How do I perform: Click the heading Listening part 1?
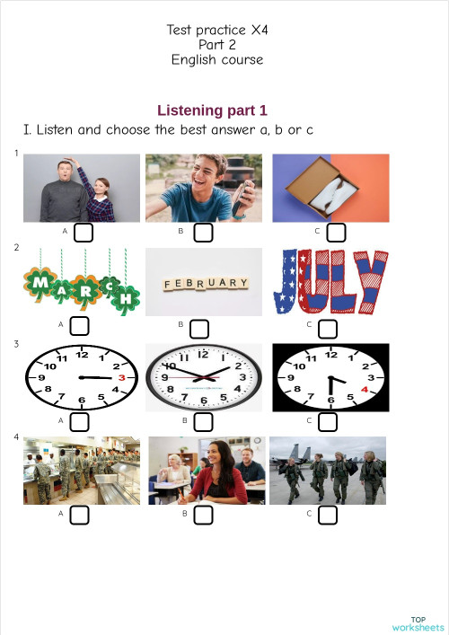point(212,110)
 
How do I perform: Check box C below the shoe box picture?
point(336,233)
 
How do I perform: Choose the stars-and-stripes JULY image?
point(330,282)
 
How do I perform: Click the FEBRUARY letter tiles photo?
point(204,282)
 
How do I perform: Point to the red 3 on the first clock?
point(121,378)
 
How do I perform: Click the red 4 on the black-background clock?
point(365,390)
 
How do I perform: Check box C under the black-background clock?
point(327,420)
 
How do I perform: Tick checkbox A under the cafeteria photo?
point(80,515)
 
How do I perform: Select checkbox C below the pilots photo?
point(327,515)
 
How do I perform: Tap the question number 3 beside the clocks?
point(17,343)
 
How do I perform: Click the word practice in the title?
point(223,30)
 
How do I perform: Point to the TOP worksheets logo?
point(418,623)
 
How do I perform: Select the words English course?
point(217,59)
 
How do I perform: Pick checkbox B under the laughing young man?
point(203,233)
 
